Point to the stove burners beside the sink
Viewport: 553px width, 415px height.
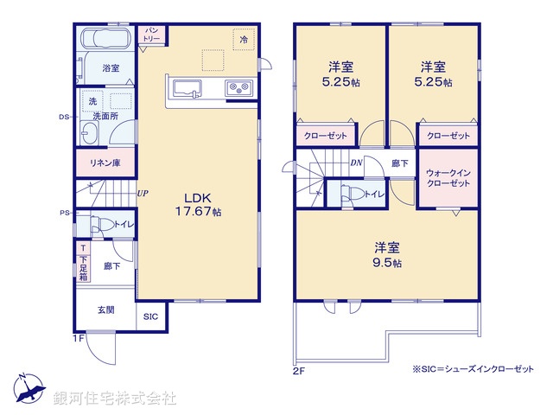(238, 87)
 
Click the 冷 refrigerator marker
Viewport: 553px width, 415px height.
(245, 41)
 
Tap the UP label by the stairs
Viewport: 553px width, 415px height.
(141, 194)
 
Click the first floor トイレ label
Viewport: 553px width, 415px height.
(121, 225)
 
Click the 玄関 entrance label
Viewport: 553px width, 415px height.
(105, 310)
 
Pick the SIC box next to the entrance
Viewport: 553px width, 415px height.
(150, 316)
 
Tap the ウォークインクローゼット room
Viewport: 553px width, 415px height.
(448, 178)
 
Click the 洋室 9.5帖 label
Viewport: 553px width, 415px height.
(385, 252)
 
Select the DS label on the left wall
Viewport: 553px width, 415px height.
(64, 117)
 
